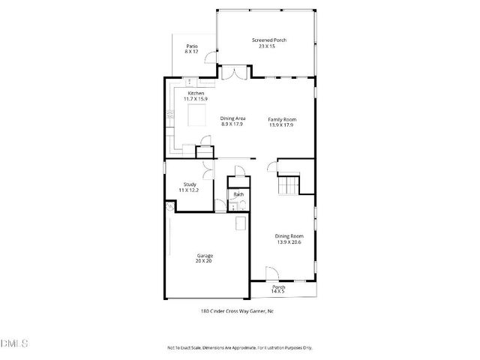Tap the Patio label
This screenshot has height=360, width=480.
tap(192, 46)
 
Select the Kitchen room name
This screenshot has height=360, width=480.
tap(196, 93)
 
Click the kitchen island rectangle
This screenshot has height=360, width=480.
tap(196, 115)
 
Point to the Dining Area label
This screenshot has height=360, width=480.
tap(233, 118)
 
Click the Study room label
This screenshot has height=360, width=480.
tap(190, 185)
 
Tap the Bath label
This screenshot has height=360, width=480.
tap(238, 194)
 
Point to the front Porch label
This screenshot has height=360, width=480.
tap(278, 286)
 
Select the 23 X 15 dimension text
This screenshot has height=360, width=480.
tap(268, 46)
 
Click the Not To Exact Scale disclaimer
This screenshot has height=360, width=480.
tap(239, 348)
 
